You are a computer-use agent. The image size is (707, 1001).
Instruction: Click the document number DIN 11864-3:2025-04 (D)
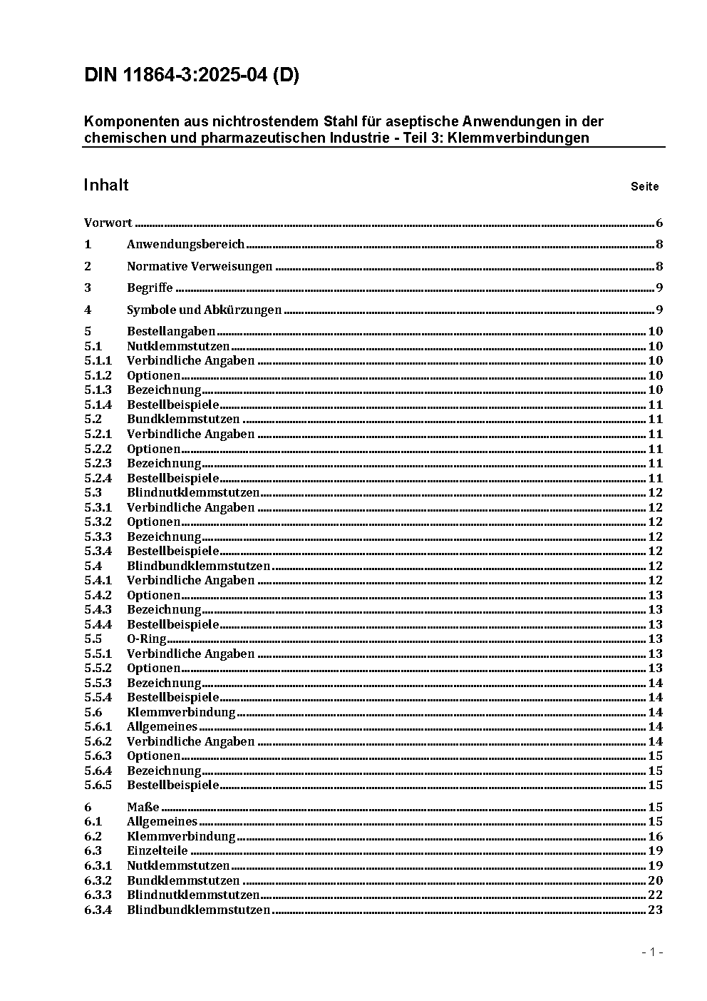pyautogui.click(x=191, y=76)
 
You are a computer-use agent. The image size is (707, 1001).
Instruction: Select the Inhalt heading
pyautogui.click(x=106, y=186)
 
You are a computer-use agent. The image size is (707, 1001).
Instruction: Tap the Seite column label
pyautogui.click(x=644, y=187)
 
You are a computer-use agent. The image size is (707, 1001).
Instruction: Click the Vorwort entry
pyautogui.click(x=108, y=223)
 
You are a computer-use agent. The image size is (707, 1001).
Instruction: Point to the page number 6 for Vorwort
pyautogui.click(x=659, y=223)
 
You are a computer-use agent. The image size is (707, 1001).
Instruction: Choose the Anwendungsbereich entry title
pyautogui.click(x=185, y=244)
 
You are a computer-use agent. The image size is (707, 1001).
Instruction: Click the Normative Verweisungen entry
pyautogui.click(x=200, y=266)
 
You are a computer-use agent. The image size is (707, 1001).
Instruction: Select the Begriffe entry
pyautogui.click(x=150, y=288)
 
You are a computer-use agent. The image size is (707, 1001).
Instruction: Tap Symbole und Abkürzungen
pyautogui.click(x=204, y=310)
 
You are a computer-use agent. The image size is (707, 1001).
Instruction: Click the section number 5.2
pyautogui.click(x=93, y=419)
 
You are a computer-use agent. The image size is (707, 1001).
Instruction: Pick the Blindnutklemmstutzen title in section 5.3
pyautogui.click(x=193, y=492)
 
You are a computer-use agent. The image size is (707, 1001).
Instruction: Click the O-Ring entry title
pyautogui.click(x=146, y=639)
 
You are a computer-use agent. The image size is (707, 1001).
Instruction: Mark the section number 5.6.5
pyautogui.click(x=98, y=785)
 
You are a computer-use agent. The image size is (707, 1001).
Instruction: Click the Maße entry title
pyautogui.click(x=143, y=807)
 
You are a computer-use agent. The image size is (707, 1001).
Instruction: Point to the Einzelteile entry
pyautogui.click(x=157, y=850)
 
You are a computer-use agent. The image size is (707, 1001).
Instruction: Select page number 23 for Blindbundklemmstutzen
pyautogui.click(x=655, y=910)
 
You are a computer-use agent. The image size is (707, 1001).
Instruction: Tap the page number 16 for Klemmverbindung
pyautogui.click(x=655, y=836)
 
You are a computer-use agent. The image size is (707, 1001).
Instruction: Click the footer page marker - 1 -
pyautogui.click(x=652, y=952)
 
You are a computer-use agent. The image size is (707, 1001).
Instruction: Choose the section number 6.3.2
pyautogui.click(x=98, y=880)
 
